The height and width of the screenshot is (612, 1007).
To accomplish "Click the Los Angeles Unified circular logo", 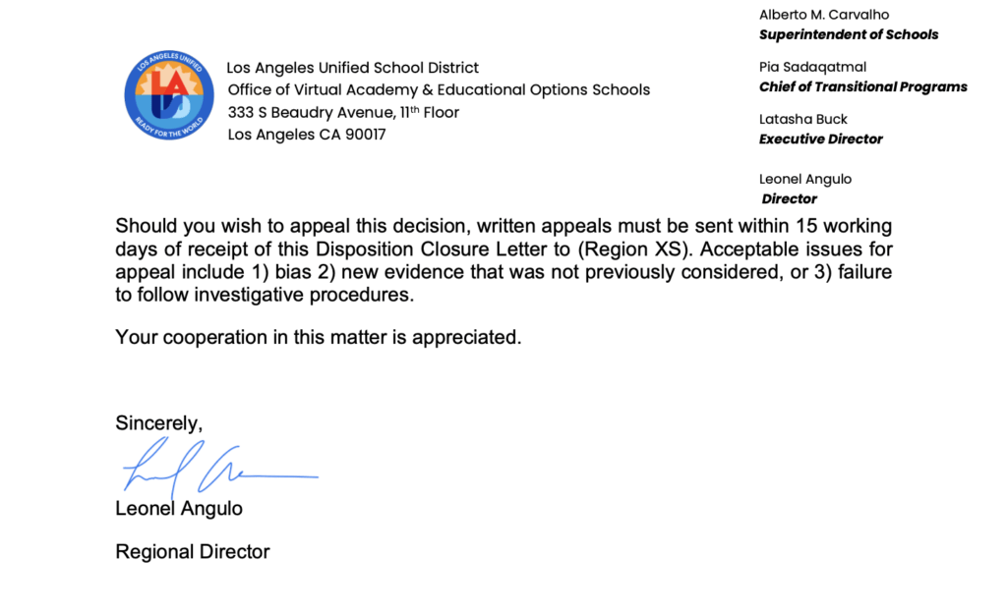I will click(169, 97).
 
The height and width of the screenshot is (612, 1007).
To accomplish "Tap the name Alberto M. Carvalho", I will click(825, 15).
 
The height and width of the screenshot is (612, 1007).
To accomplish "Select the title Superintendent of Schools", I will click(849, 34).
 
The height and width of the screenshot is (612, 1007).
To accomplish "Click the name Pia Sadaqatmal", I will click(812, 67).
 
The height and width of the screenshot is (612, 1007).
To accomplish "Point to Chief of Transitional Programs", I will click(862, 86).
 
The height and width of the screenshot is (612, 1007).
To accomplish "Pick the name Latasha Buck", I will click(803, 119).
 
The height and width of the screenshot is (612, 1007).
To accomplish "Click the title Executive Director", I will click(821, 139).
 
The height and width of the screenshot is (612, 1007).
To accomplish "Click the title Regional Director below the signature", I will click(193, 551).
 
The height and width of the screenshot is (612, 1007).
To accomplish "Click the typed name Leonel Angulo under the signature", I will click(179, 508).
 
